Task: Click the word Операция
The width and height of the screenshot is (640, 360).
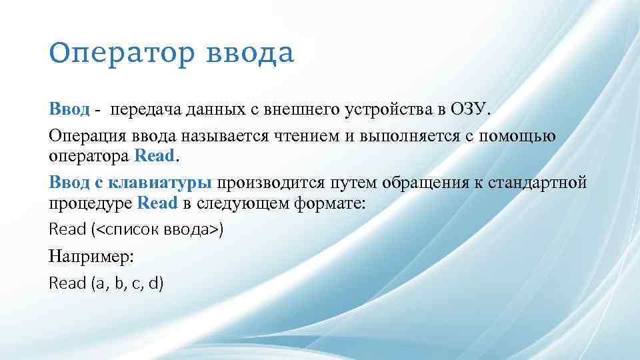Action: (89, 137)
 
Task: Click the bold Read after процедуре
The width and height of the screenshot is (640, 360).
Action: (157, 203)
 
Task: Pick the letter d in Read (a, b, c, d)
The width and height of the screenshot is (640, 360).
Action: (155, 283)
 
